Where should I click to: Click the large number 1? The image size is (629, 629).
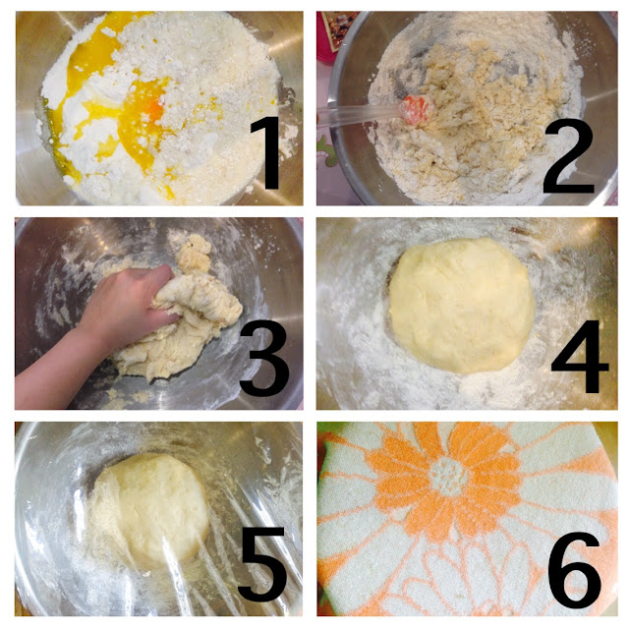266,153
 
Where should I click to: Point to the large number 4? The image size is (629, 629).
579,356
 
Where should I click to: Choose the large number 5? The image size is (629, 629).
262,563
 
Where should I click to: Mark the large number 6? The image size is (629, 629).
574,569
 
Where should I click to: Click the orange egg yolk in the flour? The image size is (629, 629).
154,109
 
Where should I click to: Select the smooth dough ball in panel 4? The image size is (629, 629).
461,306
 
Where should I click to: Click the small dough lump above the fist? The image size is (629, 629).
194,254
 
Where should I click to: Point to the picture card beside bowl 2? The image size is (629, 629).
337,31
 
